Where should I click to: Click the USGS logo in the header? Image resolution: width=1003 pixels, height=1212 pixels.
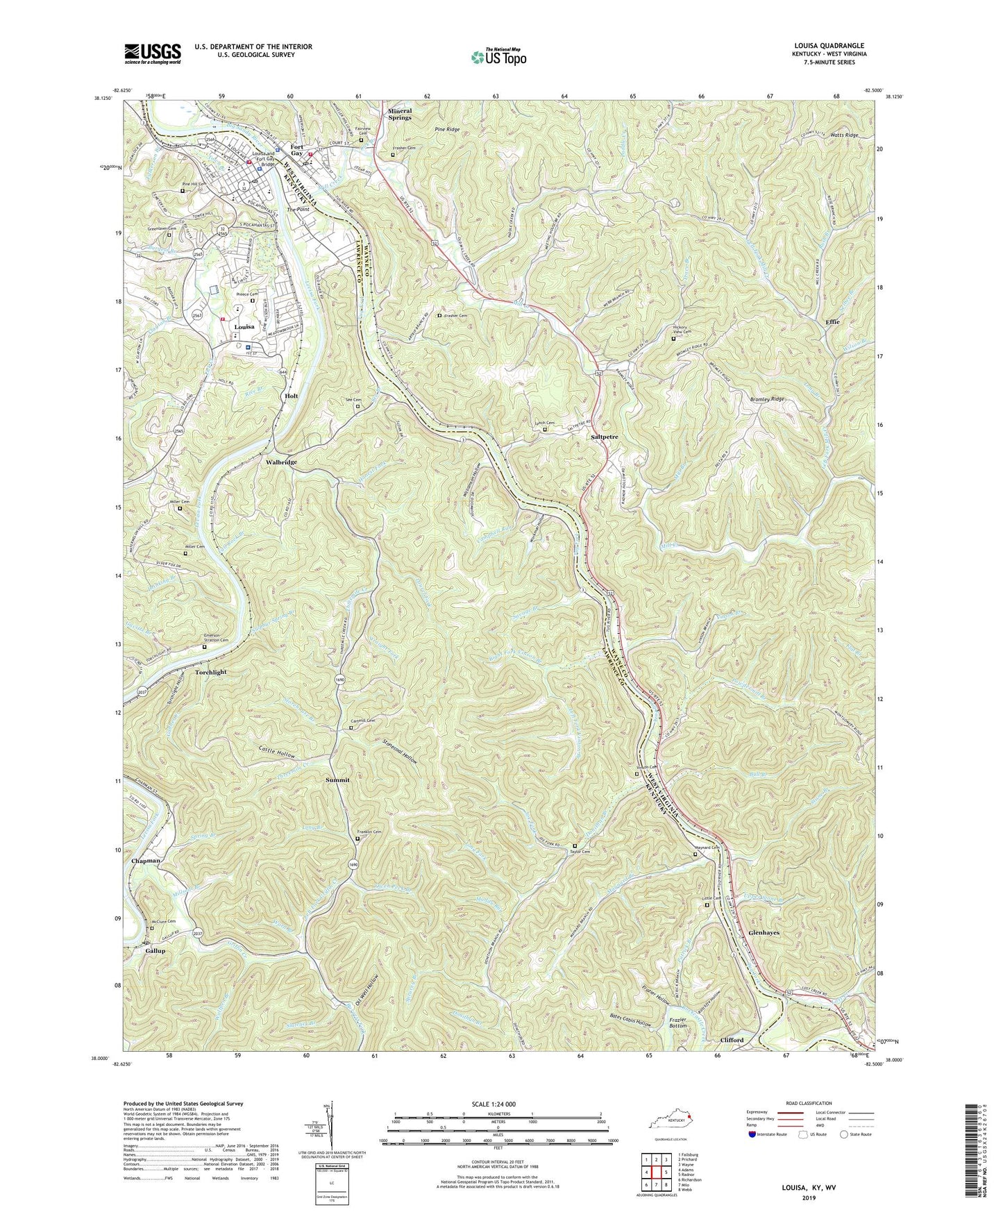152,53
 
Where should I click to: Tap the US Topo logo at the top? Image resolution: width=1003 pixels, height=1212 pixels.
497,57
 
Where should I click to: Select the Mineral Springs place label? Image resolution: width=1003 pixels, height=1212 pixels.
400,115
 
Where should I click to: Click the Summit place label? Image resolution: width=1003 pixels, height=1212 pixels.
337,780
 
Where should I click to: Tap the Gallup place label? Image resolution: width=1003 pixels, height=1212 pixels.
155,951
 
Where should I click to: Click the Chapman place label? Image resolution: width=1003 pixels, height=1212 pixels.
146,861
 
